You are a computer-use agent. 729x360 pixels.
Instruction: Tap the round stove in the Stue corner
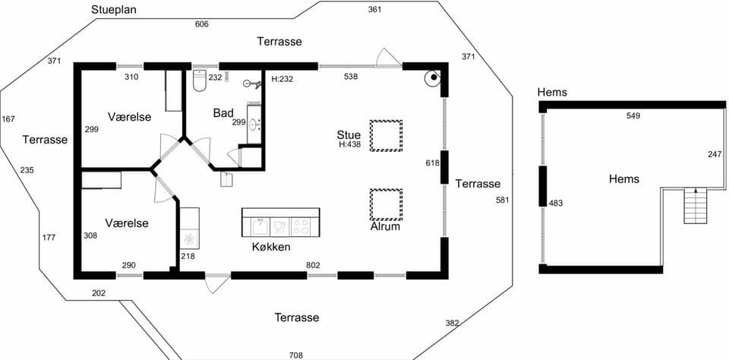coord(433,78)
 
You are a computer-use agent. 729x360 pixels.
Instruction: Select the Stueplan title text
coord(114,10)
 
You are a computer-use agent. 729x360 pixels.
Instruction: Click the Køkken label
coord(270,247)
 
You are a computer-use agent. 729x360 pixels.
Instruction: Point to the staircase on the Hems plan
coord(696,206)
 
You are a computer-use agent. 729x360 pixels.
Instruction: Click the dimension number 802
coord(313,266)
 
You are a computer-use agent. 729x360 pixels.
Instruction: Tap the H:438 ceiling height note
coord(350,144)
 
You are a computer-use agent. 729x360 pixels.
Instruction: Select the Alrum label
coord(386,227)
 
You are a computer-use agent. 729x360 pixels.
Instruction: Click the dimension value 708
coord(296,355)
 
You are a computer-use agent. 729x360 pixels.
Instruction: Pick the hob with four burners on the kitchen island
coord(301,227)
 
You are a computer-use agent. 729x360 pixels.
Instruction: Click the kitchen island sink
coord(260,227)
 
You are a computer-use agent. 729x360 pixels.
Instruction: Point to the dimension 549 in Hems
coord(633,115)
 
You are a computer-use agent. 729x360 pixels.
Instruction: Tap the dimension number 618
coord(432,163)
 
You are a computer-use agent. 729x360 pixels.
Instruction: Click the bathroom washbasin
coord(254,125)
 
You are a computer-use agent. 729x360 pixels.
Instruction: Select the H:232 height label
coord(282,79)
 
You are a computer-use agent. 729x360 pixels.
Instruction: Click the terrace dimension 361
coord(374,9)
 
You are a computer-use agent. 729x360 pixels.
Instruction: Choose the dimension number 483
coord(556,203)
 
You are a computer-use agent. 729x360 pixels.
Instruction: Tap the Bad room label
coord(223,113)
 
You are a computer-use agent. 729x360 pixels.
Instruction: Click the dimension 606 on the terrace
coord(201,24)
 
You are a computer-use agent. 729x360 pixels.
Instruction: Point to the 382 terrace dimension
coord(453,323)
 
